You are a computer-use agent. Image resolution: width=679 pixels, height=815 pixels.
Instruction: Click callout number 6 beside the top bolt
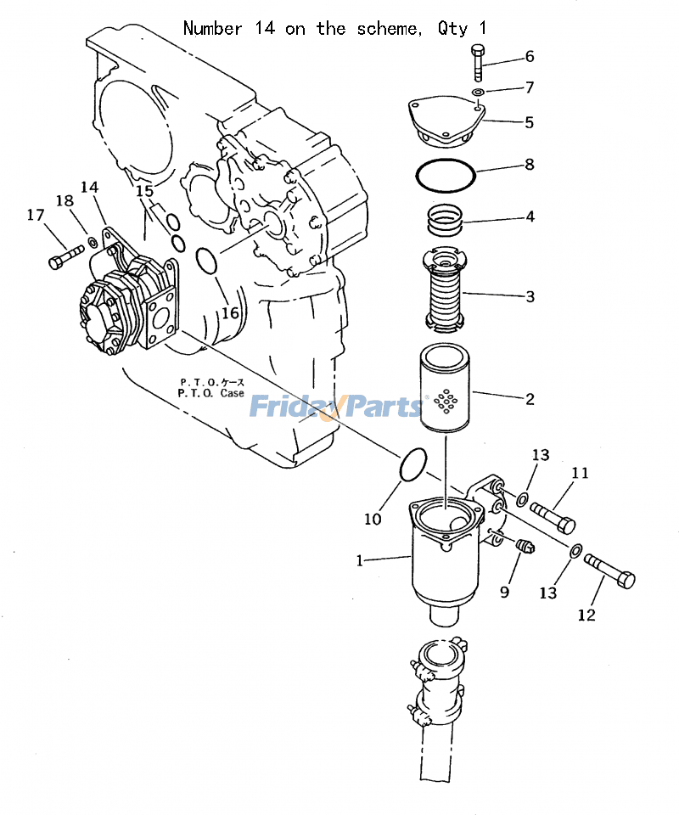click(530, 57)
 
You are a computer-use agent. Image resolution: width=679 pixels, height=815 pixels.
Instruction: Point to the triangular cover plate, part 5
click(445, 121)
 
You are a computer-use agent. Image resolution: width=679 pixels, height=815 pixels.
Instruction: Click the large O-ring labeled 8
click(446, 176)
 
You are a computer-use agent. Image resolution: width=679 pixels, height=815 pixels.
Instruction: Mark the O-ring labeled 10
click(412, 464)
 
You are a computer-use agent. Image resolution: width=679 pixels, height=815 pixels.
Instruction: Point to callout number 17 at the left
click(35, 216)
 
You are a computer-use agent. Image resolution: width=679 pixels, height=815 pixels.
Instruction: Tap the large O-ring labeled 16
click(208, 261)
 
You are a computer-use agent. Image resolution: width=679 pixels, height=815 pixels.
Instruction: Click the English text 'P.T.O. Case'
click(210, 394)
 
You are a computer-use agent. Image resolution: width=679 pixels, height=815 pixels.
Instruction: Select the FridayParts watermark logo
click(336, 407)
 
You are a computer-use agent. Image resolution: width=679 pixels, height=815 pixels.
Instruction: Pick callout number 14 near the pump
click(90, 187)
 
